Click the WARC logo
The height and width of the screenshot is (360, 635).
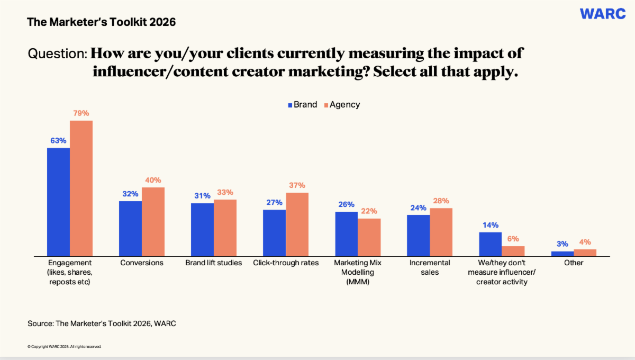[x=603, y=14]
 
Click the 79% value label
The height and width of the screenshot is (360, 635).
[x=81, y=113]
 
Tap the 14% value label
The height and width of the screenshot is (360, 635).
[x=490, y=225]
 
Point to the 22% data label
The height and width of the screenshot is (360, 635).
[x=369, y=211]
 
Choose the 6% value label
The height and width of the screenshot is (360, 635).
[x=513, y=239]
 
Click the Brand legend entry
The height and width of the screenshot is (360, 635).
[x=302, y=105]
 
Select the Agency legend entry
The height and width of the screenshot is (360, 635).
[x=341, y=105]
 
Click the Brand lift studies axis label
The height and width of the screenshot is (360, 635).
[x=214, y=263]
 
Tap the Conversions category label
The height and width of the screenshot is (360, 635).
[x=142, y=263]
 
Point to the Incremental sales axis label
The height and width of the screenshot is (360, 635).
[x=430, y=267]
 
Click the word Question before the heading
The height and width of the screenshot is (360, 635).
[x=57, y=53]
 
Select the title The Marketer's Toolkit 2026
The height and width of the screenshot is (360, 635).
[x=101, y=22]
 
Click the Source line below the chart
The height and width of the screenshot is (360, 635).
[x=102, y=323]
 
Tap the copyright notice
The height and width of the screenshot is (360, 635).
[x=64, y=347]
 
